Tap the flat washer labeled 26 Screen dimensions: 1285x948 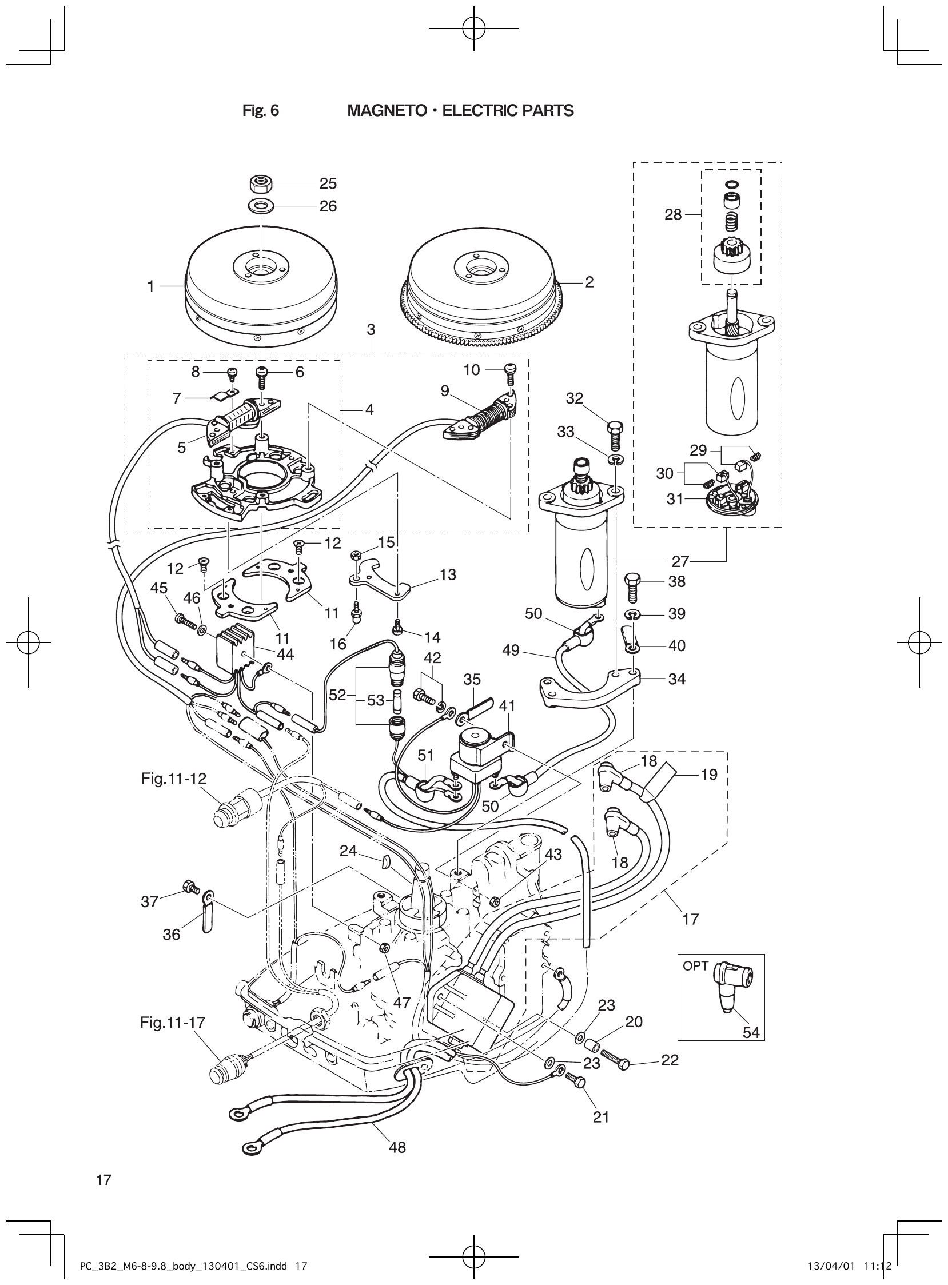click(x=261, y=205)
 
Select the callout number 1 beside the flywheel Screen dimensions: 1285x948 click(x=151, y=286)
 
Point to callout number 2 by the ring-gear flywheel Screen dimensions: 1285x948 click(x=589, y=282)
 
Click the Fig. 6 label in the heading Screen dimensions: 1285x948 click(x=261, y=111)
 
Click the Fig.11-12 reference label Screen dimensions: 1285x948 click(x=174, y=778)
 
